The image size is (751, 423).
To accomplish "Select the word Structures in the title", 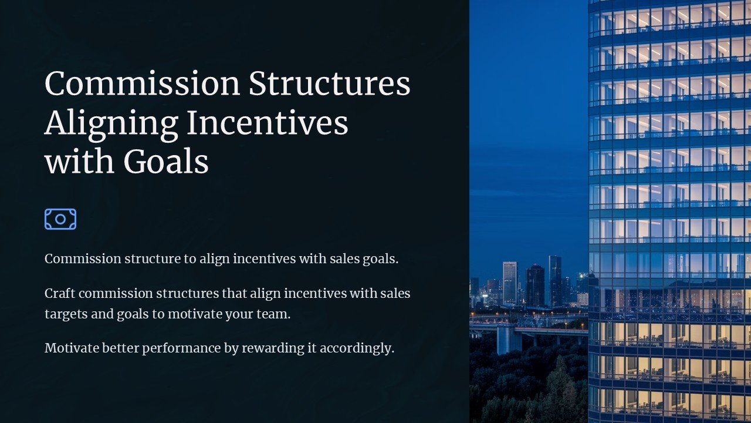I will [x=329, y=83].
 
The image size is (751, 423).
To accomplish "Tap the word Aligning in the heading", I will [x=111, y=123].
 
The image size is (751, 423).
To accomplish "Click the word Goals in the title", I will [x=166, y=162].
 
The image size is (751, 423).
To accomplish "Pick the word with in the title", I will [x=79, y=162].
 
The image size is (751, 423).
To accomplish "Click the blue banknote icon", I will [x=60, y=219].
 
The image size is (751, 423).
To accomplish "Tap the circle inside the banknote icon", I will [x=60, y=219].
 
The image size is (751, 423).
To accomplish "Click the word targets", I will [x=66, y=314].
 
